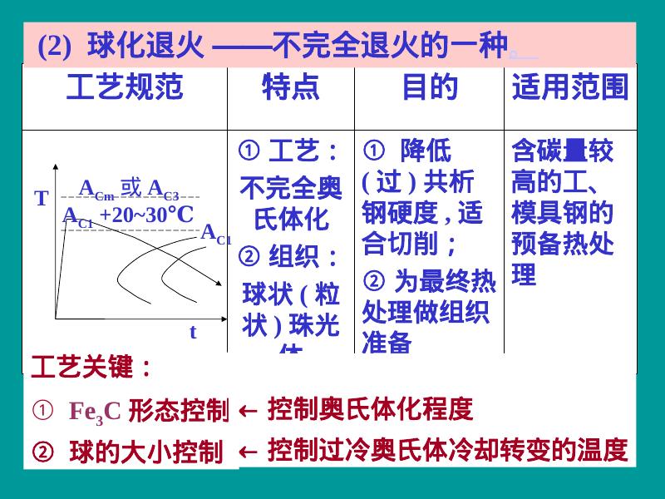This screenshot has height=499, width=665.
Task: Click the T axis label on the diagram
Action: coord(42,200)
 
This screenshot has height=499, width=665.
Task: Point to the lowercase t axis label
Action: coord(193,332)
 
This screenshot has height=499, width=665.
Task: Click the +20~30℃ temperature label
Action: coord(146,215)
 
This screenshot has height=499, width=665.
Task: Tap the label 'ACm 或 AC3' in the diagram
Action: coord(129,189)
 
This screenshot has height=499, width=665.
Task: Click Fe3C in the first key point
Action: coord(94,412)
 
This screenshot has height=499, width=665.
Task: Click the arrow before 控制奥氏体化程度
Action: coord(247,410)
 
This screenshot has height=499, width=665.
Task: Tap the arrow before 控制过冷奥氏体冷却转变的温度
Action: coord(247,452)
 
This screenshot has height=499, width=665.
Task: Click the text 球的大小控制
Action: coord(145,453)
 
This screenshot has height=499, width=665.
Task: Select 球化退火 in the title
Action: coord(145,45)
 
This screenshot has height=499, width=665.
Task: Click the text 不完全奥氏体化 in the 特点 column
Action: coord(290,205)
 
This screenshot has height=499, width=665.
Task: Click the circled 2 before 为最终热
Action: coord(372,282)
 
